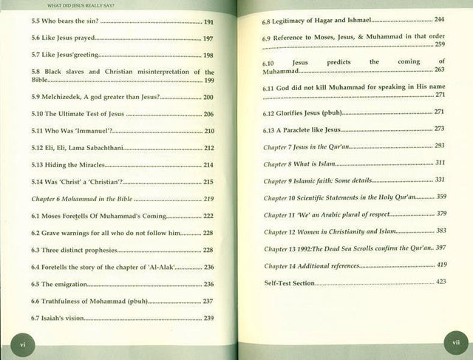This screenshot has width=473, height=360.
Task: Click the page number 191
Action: (x=209, y=22)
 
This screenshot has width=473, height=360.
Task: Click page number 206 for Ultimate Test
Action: (x=209, y=115)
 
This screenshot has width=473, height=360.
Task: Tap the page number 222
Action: (x=209, y=216)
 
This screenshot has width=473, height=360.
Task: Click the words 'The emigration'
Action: (x=60, y=285)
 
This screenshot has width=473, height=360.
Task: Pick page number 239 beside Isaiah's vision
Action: (x=209, y=319)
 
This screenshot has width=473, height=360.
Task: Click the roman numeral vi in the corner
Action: (x=22, y=342)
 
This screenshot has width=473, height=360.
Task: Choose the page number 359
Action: (x=441, y=197)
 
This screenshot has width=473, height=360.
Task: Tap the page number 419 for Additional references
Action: (x=440, y=264)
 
